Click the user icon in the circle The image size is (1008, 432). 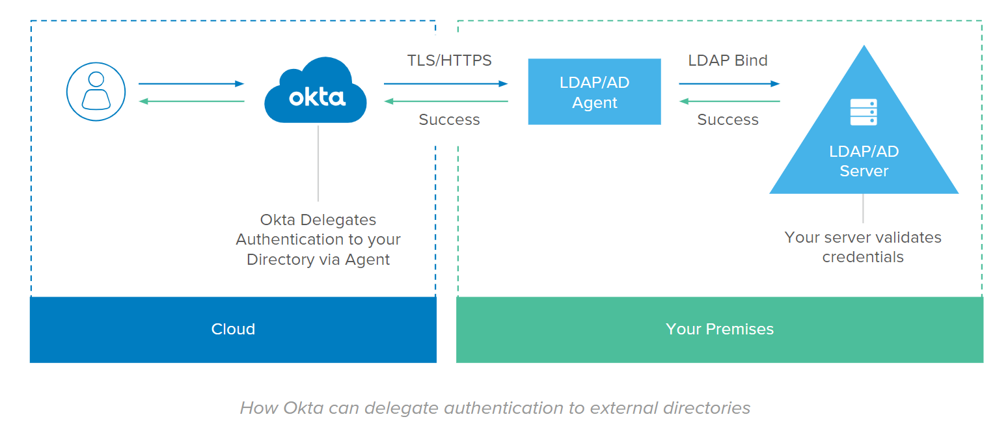96,92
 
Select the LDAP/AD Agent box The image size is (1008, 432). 594,92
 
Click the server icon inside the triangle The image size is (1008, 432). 864,112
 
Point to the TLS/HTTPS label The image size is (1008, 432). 449,61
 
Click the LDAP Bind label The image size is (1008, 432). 728,61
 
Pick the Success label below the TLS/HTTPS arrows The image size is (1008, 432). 449,120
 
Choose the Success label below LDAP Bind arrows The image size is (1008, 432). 728,120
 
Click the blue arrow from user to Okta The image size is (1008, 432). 191,84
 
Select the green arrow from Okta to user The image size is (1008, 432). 191,101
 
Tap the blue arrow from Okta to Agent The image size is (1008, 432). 446,84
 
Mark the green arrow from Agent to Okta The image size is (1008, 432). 446,101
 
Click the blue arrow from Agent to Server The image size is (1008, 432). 729,84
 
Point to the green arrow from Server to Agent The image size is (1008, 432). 729,101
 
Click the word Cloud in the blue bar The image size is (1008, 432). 233,329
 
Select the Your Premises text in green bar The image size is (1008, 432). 720,329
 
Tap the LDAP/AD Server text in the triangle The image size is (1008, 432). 864,161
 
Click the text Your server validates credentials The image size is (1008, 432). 863,247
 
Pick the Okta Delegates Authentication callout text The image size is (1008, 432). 318,240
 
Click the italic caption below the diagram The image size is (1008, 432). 495,409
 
